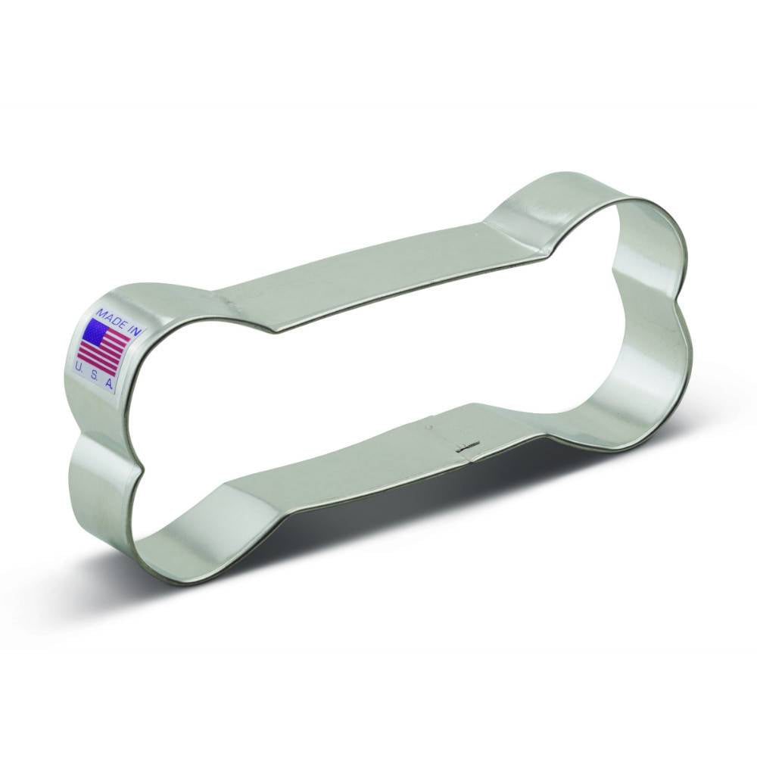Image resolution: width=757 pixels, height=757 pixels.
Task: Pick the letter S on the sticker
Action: click(x=95, y=376)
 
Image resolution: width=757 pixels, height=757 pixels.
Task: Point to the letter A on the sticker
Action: click(x=109, y=385)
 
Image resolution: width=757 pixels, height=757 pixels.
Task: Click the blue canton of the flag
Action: click(x=95, y=332)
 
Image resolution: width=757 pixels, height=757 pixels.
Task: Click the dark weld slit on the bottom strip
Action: click(x=469, y=447)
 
